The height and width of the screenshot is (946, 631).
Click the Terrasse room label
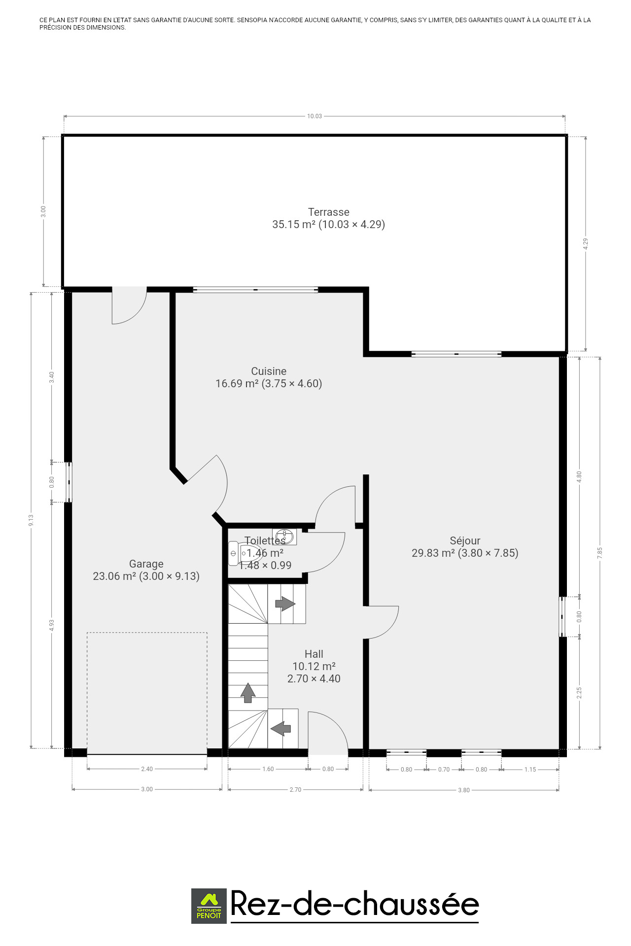329,212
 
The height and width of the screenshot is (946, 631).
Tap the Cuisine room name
269,372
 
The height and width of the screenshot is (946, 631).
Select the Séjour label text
465,541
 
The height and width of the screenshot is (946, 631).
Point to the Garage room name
146,564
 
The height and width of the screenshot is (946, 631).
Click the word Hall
314,654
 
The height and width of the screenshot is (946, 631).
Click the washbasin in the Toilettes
284,537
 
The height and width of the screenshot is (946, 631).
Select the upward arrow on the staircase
248,693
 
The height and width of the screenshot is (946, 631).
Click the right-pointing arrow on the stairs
285,604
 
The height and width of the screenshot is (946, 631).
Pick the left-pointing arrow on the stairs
281,728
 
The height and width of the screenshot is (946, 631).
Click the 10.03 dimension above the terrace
315,116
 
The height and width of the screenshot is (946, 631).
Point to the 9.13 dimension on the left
31,520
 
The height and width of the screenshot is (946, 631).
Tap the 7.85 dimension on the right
600,553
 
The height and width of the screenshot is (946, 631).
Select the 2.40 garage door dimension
147,769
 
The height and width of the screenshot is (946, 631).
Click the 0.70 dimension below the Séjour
444,770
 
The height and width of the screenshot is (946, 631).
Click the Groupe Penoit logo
209,906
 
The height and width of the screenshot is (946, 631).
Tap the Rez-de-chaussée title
355,905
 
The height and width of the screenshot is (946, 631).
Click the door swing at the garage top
129,305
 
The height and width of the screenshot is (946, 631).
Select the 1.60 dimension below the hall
268,769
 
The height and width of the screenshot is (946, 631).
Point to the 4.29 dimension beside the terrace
586,244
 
